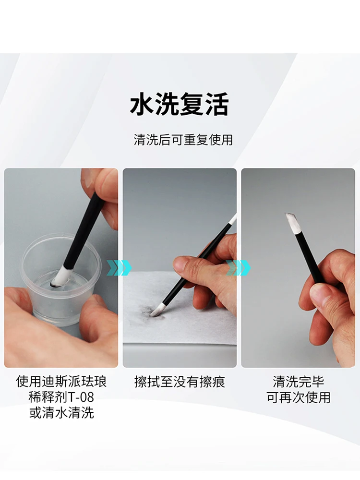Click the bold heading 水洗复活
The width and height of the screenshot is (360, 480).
(180, 104)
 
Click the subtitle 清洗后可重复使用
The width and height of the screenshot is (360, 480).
(183, 140)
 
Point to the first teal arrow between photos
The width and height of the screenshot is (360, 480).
(119, 268)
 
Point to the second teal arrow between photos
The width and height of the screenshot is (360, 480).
(238, 268)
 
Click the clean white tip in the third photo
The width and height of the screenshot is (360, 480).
(291, 224)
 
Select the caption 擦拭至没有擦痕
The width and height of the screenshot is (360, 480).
(180, 382)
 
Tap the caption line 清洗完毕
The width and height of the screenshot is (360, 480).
(298, 382)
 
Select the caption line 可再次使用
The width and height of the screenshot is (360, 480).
(298, 397)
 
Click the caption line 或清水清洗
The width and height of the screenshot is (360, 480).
(61, 413)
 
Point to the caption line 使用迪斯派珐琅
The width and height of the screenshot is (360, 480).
(61, 382)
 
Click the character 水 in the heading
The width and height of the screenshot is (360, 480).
(142, 104)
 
